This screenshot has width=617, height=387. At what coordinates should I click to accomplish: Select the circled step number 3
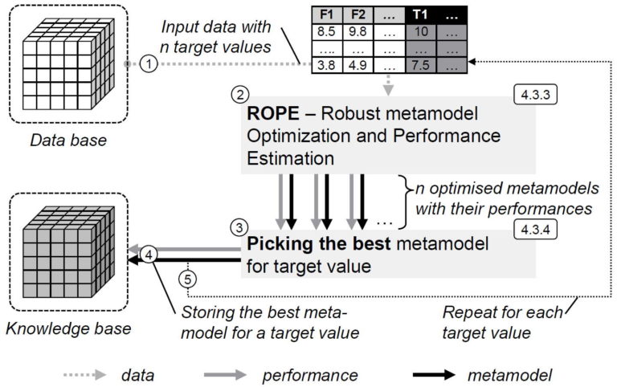[x=238, y=226]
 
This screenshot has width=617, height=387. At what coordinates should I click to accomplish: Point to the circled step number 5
[x=186, y=279]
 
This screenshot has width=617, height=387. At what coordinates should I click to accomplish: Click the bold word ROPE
[x=270, y=116]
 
